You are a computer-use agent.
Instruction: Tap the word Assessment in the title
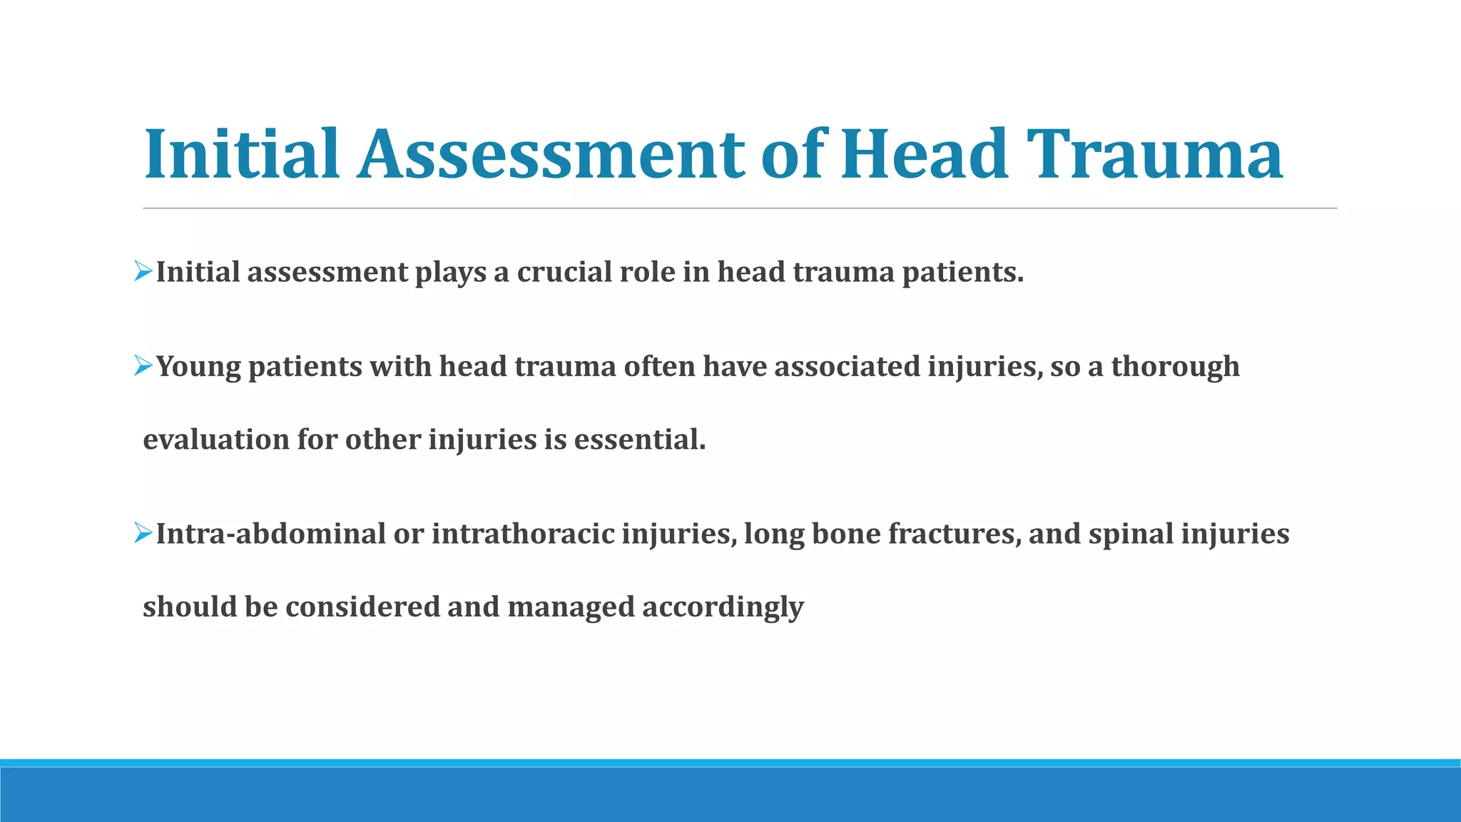[551, 154]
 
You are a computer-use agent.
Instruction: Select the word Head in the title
[925, 154]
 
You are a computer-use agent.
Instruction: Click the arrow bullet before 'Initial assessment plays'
[143, 271]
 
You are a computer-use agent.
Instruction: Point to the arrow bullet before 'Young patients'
[143, 367]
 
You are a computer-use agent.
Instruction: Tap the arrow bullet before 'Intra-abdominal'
[143, 533]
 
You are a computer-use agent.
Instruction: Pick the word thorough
[1175, 367]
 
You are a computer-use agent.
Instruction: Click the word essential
[639, 440]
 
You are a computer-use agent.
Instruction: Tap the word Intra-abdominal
[270, 534]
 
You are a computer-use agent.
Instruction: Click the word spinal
[1131, 534]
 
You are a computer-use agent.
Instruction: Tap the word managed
[571, 607]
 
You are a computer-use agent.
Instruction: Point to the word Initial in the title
[242, 154]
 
